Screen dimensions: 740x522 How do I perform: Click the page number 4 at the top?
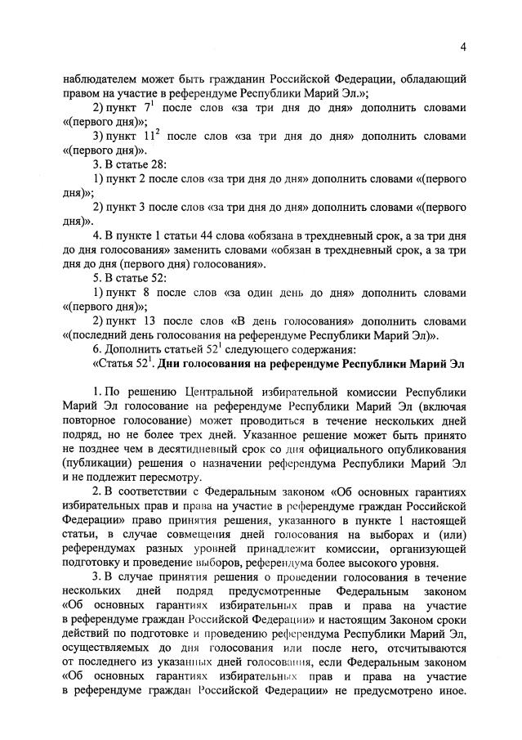pos(462,47)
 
